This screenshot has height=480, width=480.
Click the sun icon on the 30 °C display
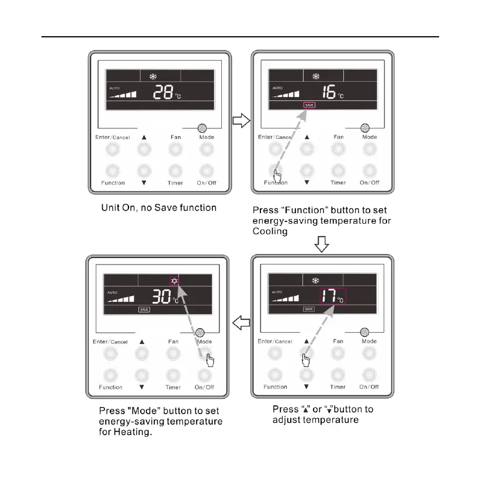175,280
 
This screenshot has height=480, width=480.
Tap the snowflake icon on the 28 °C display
154,76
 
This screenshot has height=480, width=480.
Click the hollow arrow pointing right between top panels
241,121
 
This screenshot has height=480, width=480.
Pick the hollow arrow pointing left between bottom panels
241,322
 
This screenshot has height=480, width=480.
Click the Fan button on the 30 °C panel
173,354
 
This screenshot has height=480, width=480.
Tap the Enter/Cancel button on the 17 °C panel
275,354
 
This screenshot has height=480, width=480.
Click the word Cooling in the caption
271,231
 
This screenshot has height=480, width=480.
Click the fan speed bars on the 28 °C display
122,93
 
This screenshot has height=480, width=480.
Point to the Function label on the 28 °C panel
113,183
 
